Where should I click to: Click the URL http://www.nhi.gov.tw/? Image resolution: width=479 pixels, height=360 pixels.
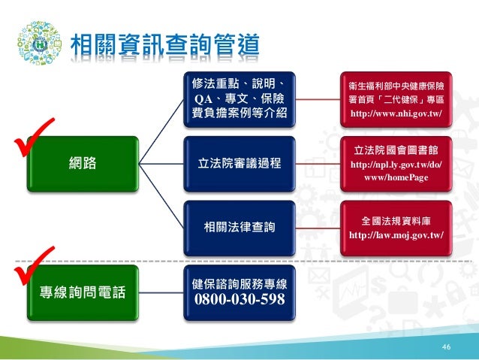[x=396, y=113]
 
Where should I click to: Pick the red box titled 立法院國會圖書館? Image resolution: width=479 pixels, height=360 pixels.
[x=396, y=162]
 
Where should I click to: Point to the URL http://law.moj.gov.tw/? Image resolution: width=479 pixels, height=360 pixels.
[x=396, y=235]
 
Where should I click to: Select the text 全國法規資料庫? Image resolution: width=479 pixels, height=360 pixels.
[x=396, y=221]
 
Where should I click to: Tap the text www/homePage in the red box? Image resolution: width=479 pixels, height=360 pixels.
[x=396, y=178]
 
